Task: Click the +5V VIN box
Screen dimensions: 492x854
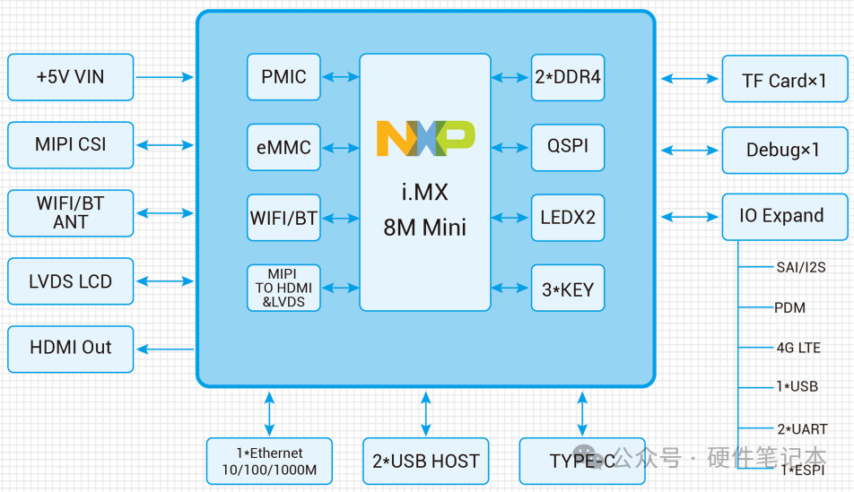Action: tap(70, 77)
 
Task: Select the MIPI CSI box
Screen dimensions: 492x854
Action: tap(70, 145)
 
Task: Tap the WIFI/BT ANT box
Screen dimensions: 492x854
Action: tap(70, 213)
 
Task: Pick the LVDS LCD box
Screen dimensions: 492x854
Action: tap(70, 281)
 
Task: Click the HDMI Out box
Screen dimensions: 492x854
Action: tap(70, 349)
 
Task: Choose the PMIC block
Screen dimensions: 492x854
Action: tap(283, 77)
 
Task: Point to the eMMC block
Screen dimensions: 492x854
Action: tap(283, 147)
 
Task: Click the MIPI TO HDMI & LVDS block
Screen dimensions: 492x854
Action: tap(283, 288)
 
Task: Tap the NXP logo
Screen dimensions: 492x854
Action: tap(425, 138)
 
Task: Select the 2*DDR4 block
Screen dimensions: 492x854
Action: tap(567, 77)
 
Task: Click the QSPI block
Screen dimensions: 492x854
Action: tap(567, 147)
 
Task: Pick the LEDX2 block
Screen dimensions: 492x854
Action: tap(567, 218)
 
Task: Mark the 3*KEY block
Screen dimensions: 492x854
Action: tap(567, 288)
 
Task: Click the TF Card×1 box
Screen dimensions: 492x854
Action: tap(784, 81)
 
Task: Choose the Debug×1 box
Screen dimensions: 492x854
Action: tap(784, 150)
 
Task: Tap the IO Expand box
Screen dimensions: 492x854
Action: tap(784, 216)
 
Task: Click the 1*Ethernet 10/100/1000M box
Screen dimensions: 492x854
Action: tap(269, 461)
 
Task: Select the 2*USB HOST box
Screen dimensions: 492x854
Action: tap(425, 462)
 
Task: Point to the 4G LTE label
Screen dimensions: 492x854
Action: tap(798, 348)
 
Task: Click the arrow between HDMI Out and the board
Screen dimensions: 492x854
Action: tap(165, 350)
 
